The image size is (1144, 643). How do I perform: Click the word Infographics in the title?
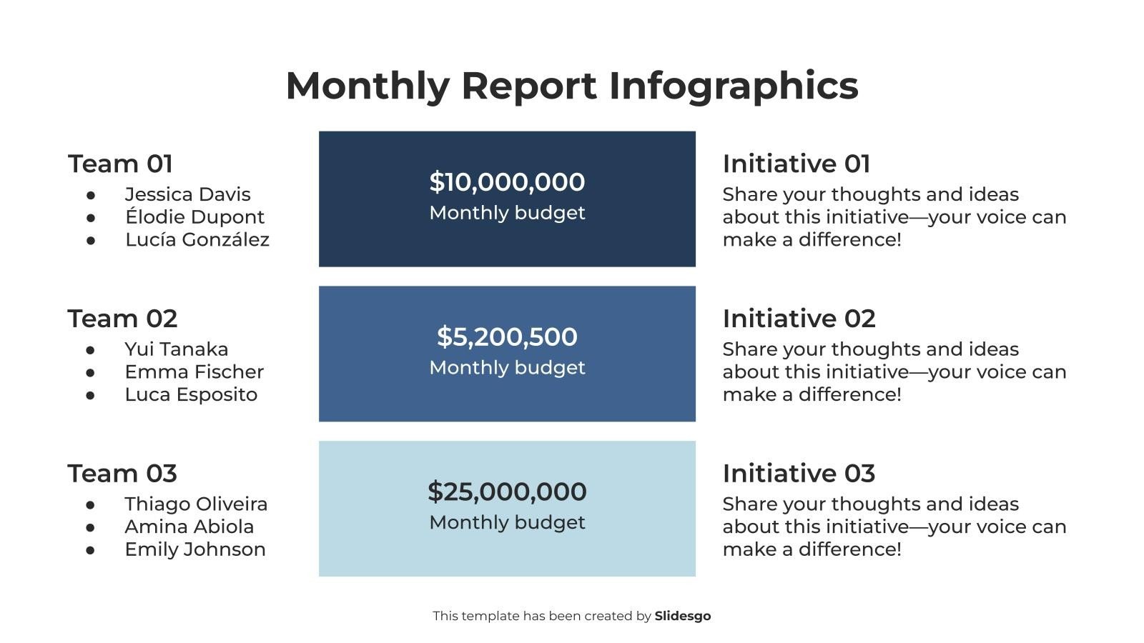(733, 86)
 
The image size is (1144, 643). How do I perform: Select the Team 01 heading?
(120, 164)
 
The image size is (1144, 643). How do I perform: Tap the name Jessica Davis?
(187, 194)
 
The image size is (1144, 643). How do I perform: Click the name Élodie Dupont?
(194, 217)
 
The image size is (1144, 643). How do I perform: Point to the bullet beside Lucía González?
(91, 240)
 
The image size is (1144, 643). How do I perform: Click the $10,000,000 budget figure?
(507, 182)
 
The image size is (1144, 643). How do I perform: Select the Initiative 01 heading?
(796, 164)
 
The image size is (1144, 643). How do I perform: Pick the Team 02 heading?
(122, 319)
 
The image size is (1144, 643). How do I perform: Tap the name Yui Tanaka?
(176, 349)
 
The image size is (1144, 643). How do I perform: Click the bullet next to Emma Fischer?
(91, 372)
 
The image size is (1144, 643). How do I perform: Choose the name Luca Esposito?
(191, 394)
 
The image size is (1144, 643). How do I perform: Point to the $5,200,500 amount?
(507, 337)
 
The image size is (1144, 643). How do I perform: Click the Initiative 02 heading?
(799, 319)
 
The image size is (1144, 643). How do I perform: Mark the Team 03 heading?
(122, 474)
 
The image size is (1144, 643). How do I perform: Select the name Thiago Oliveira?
(196, 504)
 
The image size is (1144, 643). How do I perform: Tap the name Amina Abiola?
(189, 527)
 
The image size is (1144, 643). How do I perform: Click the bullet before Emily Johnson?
(91, 550)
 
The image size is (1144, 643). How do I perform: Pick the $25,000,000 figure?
(507, 492)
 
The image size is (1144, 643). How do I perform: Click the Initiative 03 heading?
(799, 474)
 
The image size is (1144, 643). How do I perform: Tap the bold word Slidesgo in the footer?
(682, 616)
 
